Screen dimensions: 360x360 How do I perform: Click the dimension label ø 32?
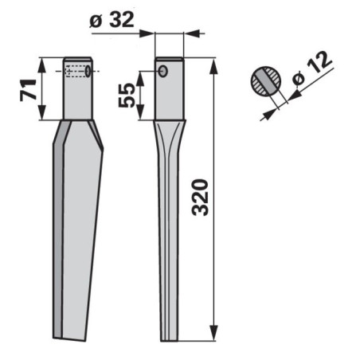(112, 20)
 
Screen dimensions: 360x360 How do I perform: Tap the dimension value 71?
(28, 90)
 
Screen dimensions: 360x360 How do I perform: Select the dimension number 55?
(126, 95)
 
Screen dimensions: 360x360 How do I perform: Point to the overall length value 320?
(200, 198)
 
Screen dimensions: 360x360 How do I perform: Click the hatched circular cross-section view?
(266, 81)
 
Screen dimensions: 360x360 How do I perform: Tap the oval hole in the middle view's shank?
(163, 72)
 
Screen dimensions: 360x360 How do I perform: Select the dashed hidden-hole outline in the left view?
(76, 71)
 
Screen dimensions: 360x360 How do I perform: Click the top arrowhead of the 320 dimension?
(213, 65)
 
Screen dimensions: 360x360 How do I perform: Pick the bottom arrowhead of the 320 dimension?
(213, 333)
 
